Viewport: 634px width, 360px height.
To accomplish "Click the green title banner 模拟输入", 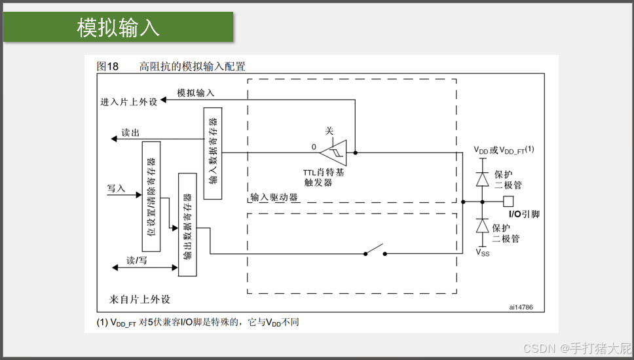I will point(118,27).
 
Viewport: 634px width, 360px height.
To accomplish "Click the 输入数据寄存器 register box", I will point(212,154).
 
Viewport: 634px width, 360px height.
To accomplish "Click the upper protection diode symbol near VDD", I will point(483,178).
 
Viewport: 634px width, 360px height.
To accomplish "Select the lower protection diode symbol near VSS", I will point(483,226).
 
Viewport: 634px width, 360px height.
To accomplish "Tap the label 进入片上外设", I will point(129,102).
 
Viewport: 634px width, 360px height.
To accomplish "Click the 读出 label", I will point(130,133).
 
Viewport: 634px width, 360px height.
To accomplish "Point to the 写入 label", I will point(116,189).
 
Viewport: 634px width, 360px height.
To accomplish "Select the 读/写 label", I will point(137,260).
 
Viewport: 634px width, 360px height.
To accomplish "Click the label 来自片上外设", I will point(140,299).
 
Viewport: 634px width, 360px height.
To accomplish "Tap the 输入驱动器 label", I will point(274,197).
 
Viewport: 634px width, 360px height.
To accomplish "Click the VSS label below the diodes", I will point(482,252).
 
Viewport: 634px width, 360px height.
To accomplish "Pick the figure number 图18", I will point(107,66).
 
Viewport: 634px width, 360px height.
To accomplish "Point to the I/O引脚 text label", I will point(524,214).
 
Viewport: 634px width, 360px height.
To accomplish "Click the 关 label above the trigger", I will point(329,131).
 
